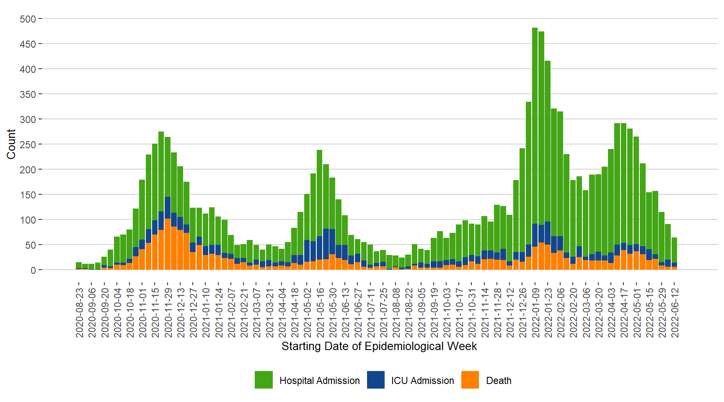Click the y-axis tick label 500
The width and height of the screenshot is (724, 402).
coord(28,19)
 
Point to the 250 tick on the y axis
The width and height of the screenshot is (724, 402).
coord(28,144)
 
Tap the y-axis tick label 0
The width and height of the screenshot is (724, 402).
coord(33,270)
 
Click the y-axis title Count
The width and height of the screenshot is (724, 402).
coord(11,144)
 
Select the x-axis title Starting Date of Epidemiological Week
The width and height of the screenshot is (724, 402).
coord(379,346)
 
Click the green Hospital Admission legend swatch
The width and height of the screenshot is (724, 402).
coord(264,380)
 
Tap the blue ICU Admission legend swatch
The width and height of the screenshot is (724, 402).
coord(376,380)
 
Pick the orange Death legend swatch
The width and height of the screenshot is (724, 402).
coord(470,380)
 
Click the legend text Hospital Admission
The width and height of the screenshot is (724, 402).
coord(319,381)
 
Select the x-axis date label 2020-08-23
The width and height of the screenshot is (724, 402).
coord(79,312)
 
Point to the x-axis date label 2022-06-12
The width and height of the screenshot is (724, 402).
coord(675,312)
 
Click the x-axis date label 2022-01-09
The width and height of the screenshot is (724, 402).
coord(535,312)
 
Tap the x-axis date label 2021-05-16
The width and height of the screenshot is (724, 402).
coord(320,312)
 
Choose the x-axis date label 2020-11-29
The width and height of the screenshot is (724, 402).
coord(168,312)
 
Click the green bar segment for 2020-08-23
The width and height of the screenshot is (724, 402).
coord(79,265)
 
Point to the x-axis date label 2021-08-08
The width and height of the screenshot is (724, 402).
coord(396,312)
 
